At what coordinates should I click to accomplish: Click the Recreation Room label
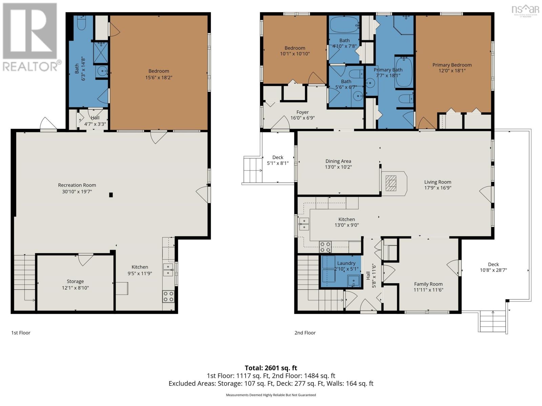77,185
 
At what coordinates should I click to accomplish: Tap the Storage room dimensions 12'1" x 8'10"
75,288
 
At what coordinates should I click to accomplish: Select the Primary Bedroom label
452,65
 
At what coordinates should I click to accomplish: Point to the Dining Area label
338,161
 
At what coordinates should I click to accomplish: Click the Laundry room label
346,263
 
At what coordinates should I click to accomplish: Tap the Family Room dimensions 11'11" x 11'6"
429,290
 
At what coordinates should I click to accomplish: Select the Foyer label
303,112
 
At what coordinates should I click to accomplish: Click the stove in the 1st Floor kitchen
168,297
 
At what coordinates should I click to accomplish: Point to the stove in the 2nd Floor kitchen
325,247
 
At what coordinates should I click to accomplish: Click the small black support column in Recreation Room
111,195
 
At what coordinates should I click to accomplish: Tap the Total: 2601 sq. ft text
271,368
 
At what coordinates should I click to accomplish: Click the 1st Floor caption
21,333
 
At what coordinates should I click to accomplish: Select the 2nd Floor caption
305,333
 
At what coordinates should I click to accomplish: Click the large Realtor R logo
30,31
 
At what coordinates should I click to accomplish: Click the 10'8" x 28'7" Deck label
493,270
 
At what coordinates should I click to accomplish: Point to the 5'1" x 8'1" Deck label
278,163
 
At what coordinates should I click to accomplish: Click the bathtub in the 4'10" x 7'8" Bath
344,24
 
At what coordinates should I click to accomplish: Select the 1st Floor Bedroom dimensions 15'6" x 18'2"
159,77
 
